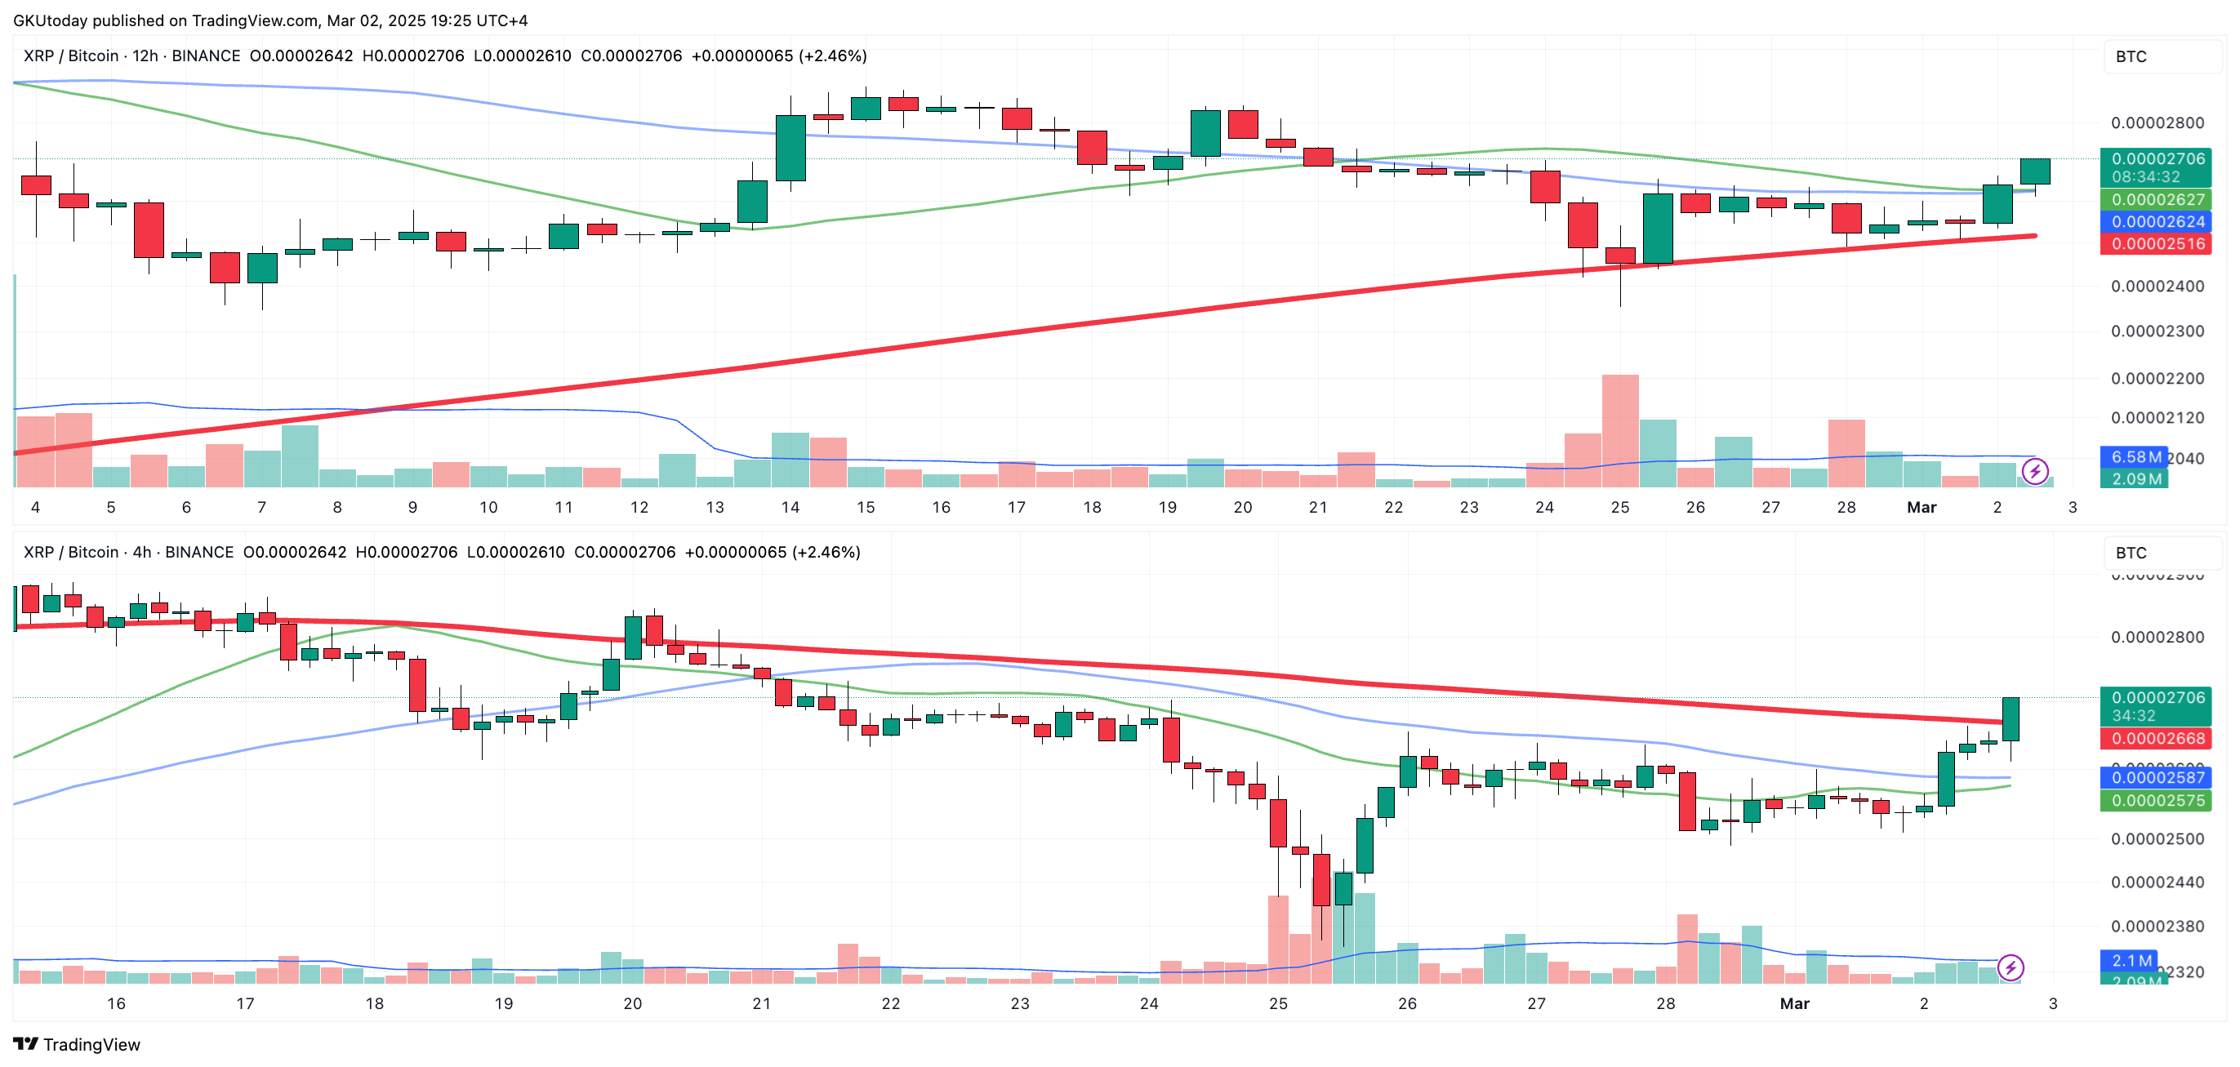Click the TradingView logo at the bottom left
point(77,1044)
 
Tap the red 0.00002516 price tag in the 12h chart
point(2158,243)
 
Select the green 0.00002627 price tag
point(2158,200)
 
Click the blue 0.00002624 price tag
point(2158,222)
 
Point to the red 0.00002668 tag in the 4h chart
point(2158,738)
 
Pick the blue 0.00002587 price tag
point(2158,777)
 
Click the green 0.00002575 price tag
point(2158,800)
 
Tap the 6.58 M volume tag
point(2135,456)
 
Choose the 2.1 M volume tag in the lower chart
point(2131,960)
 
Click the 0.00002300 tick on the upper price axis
point(2158,331)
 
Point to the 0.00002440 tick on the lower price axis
point(2158,882)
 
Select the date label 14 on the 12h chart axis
point(790,507)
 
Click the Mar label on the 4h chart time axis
point(1794,1003)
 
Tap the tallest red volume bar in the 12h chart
point(1620,430)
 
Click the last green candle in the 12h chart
point(2035,171)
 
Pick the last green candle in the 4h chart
point(2011,719)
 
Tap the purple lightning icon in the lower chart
point(2011,967)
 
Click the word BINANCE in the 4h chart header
point(199,552)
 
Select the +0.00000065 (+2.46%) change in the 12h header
point(778,56)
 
